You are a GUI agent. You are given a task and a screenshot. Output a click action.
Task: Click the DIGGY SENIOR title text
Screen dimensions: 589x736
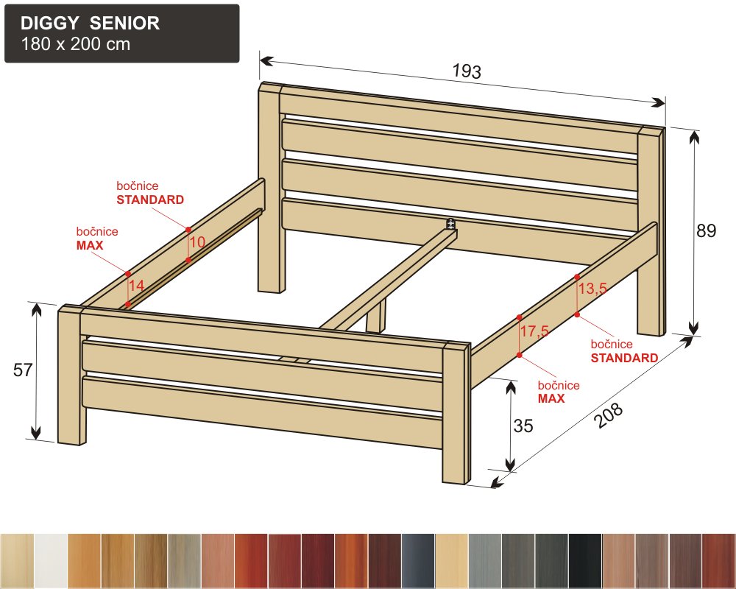click(x=90, y=24)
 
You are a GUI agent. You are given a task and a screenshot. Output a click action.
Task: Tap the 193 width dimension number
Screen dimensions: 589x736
click(x=466, y=71)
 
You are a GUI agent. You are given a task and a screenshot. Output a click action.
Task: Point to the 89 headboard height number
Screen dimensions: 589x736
click(x=706, y=230)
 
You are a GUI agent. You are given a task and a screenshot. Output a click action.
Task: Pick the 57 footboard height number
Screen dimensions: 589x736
click(x=24, y=370)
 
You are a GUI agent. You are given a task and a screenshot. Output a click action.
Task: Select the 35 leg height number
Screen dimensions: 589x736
click(x=523, y=426)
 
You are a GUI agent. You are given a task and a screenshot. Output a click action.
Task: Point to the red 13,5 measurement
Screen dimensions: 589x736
click(x=592, y=289)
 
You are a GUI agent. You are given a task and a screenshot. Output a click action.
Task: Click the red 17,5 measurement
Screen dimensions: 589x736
click(x=534, y=331)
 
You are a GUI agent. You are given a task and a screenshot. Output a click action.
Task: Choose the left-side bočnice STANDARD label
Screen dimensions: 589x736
click(x=150, y=193)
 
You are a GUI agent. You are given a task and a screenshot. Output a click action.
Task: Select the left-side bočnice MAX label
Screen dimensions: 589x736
click(x=97, y=238)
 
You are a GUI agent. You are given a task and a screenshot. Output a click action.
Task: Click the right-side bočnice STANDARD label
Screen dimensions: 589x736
click(x=624, y=351)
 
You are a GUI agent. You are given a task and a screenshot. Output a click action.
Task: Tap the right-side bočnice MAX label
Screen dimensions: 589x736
click(x=558, y=392)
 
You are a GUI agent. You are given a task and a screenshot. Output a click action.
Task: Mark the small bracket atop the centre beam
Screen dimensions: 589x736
click(x=450, y=223)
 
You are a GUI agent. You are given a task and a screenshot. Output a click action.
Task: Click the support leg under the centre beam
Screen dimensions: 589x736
click(x=376, y=318)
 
